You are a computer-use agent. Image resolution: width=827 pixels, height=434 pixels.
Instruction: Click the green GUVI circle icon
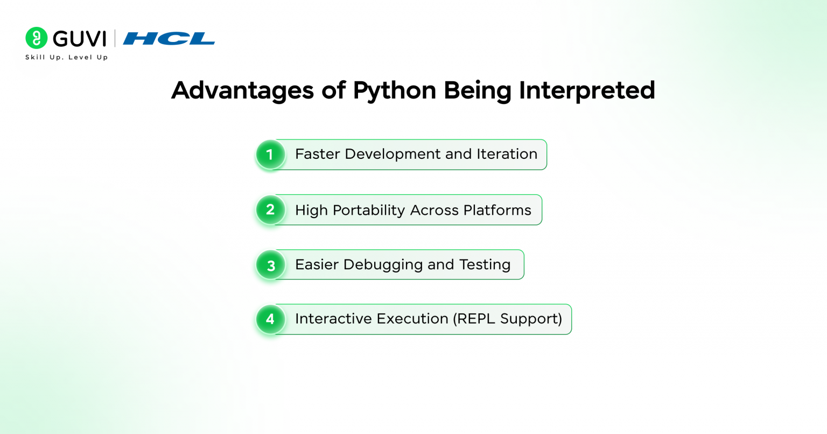pyautogui.click(x=36, y=38)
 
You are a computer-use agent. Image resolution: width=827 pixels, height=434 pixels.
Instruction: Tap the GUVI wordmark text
pyautogui.click(x=79, y=39)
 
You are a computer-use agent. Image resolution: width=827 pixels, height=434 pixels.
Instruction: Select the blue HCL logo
pyautogui.click(x=169, y=39)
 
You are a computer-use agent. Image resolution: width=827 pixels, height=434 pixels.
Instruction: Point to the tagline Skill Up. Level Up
pyautogui.click(x=66, y=57)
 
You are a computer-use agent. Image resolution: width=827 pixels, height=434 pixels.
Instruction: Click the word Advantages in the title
pyautogui.click(x=243, y=90)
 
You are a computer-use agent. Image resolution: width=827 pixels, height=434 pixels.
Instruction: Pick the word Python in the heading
pyautogui.click(x=395, y=91)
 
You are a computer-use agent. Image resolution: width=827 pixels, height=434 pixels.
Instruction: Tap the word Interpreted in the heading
pyautogui.click(x=587, y=90)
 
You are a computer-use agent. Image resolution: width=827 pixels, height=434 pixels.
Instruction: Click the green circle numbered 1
pyautogui.click(x=270, y=155)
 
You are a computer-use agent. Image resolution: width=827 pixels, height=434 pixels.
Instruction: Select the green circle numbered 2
pyautogui.click(x=270, y=210)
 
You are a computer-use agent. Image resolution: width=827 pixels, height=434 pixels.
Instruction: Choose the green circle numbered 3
pyautogui.click(x=270, y=265)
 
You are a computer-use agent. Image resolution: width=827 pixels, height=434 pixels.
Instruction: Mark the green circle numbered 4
pyautogui.click(x=270, y=319)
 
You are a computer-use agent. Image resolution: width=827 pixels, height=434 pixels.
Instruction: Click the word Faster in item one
pyautogui.click(x=317, y=154)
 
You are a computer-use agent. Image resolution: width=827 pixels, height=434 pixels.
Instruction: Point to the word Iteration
pyautogui.click(x=507, y=154)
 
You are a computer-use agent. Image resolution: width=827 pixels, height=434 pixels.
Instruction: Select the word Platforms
pyautogui.click(x=497, y=210)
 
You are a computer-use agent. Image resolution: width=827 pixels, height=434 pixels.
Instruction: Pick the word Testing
pyautogui.click(x=485, y=265)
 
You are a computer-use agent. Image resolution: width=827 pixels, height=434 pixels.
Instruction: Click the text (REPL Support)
pyautogui.click(x=508, y=319)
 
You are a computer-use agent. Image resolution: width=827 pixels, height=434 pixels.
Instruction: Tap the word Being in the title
pyautogui.click(x=478, y=91)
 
